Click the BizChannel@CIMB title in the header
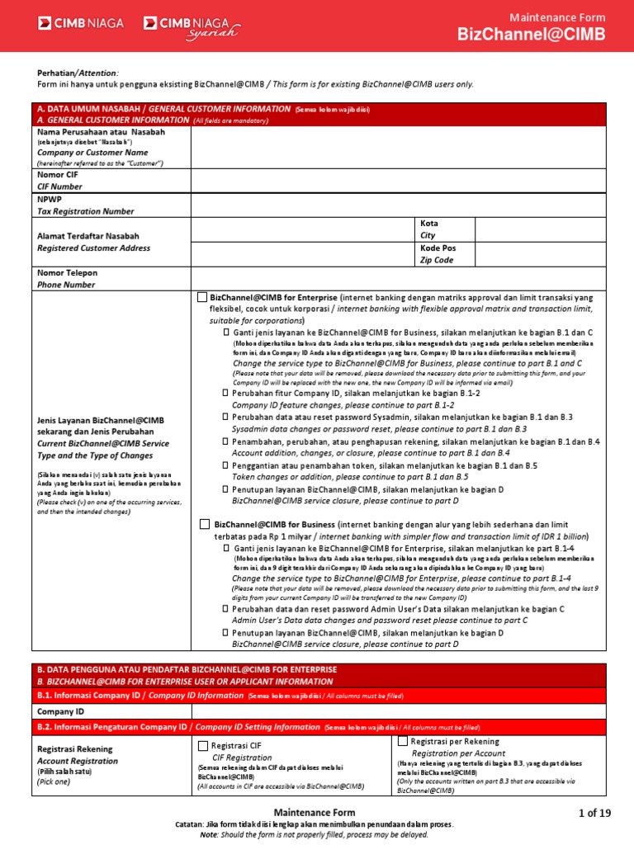(532, 34)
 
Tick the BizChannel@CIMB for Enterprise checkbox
(202, 297)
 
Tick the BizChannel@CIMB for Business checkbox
(204, 524)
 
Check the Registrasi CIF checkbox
(203, 745)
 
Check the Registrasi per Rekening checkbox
(403, 742)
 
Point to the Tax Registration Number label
(85, 211)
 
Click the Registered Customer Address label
(93, 248)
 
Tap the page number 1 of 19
(594, 813)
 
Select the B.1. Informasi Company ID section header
(140, 696)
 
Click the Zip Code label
(437, 260)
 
